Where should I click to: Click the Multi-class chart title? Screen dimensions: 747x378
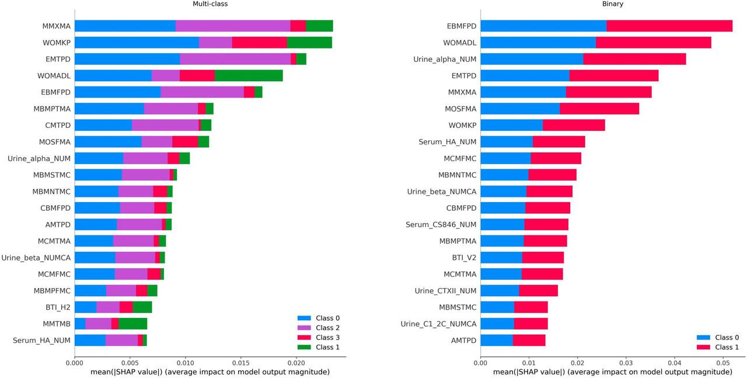pos(210,4)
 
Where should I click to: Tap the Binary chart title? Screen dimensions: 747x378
pos(613,4)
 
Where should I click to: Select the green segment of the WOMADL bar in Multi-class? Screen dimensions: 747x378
pos(249,75)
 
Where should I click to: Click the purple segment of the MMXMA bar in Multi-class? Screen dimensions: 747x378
pos(233,26)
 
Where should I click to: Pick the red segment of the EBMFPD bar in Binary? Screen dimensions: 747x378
pos(669,26)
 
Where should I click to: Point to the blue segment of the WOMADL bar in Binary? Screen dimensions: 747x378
pos(538,43)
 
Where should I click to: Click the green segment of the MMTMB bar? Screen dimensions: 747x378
pos(132,324)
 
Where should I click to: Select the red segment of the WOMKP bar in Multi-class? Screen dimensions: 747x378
pos(260,43)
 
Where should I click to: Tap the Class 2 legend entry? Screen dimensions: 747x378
pos(319,328)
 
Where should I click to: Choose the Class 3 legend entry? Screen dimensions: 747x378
pos(319,337)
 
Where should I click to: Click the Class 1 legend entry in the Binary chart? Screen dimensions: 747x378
pos(718,347)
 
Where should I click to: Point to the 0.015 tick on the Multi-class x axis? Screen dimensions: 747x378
pos(241,358)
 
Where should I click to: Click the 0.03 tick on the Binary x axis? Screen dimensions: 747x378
pos(626,358)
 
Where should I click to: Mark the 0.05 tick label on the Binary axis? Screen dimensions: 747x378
pos(723,363)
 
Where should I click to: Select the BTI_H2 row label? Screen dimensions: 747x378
pos(58,307)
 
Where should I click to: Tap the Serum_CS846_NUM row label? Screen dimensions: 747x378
pos(441,225)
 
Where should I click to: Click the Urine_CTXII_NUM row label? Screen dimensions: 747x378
pos(445,291)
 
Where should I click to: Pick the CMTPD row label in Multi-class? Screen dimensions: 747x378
pos(58,125)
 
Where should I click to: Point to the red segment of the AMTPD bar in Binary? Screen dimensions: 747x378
pos(529,340)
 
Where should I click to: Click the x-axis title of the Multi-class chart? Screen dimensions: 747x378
pos(210,372)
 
